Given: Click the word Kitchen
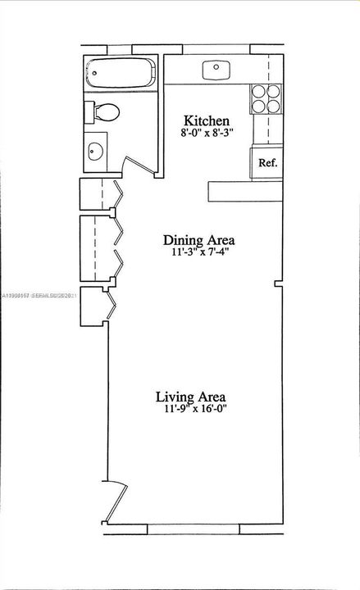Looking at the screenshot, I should (200, 119).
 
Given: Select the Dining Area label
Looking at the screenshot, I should (199, 240).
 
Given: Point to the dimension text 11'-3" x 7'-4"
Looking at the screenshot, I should (199, 253).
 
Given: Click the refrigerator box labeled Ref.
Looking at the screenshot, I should (267, 162).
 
